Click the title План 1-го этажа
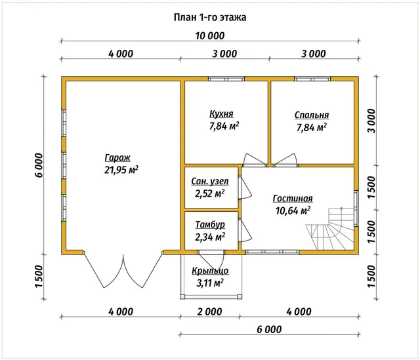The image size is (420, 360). tap(210, 18)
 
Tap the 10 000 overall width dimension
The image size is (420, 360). tap(210, 35)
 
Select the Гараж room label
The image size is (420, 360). tap(117, 157)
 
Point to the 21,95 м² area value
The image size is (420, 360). tap(121, 170)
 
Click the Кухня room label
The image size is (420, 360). tap(221, 113)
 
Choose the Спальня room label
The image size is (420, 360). tap(312, 115)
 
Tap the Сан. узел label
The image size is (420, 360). tap(210, 181)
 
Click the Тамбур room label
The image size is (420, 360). tap(210, 224)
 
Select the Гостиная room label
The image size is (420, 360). tap(293, 198)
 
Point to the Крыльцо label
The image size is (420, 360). tap(210, 271)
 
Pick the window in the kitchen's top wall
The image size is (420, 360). tap(226, 79)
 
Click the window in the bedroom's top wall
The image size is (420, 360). tap(312, 79)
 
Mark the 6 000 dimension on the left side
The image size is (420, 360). tap(39, 165)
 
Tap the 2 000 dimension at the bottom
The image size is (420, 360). tap(210, 311)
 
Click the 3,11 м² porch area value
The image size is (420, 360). tap(210, 283)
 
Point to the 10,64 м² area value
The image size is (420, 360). tap(293, 210)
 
